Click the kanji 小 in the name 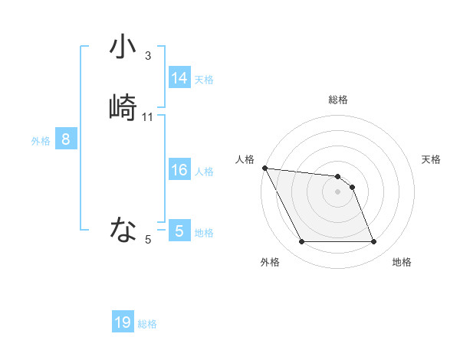tap(123, 47)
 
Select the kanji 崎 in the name tap(123, 107)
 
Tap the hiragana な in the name tap(123, 228)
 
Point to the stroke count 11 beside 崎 tap(148, 117)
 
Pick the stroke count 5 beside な tap(148, 240)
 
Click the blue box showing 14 tap(179, 78)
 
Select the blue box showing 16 tap(179, 170)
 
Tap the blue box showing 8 tap(66, 139)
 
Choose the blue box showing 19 tap(123, 322)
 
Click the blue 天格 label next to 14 tap(204, 80)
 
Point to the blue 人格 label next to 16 tap(204, 172)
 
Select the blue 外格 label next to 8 tap(41, 141)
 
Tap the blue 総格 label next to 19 tap(147, 324)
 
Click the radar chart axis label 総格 tap(338, 100)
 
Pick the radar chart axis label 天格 tap(431, 159)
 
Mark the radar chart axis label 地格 tap(402, 262)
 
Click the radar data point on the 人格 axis tap(264, 168)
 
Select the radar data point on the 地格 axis tap(373, 242)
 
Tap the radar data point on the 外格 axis tap(301, 242)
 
